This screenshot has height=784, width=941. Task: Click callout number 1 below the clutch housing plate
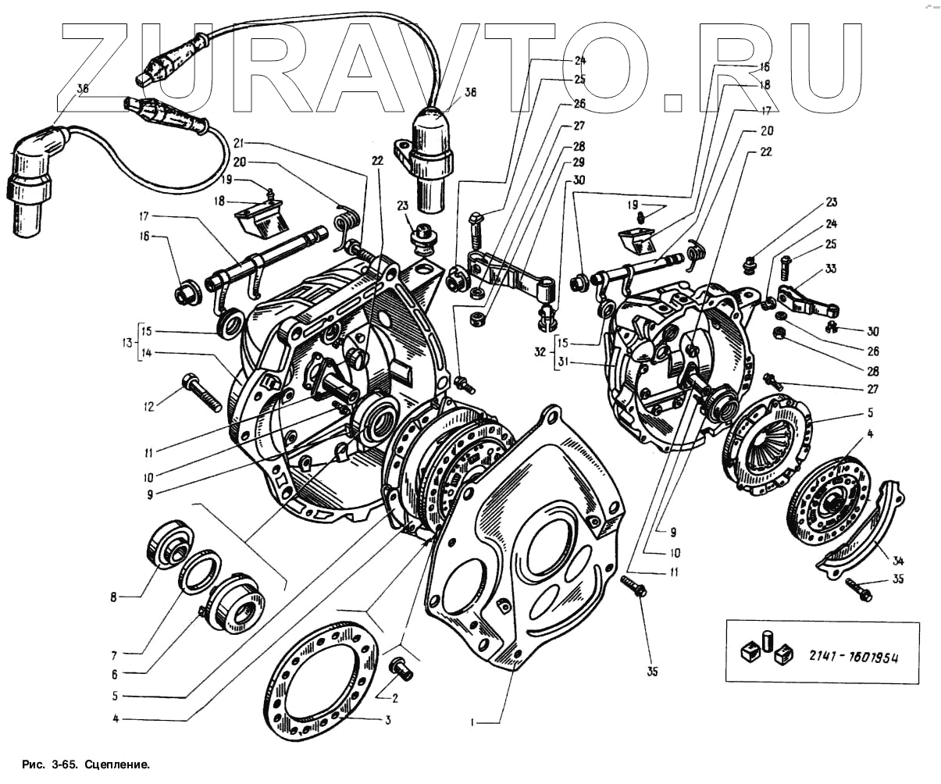[472, 723]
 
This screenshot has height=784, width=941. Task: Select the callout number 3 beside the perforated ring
[387, 721]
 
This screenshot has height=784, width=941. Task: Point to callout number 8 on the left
[114, 598]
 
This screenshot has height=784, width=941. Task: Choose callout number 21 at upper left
[239, 143]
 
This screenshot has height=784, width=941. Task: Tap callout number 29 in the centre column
[579, 162]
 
